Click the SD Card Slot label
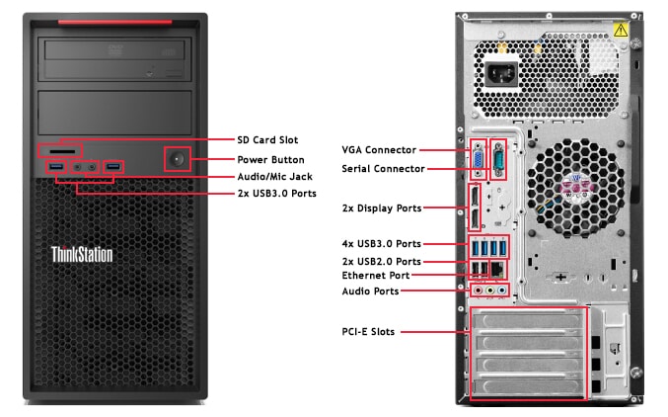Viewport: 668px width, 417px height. click(x=267, y=140)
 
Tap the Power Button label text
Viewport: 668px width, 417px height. click(x=270, y=159)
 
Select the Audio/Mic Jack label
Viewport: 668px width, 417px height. click(x=276, y=176)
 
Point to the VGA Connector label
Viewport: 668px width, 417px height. click(x=380, y=150)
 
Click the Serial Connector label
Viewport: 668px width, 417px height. click(x=383, y=169)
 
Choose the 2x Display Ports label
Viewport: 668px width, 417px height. click(x=382, y=208)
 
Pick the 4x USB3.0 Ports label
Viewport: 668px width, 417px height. click(x=382, y=243)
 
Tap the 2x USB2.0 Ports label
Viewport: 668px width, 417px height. click(x=382, y=260)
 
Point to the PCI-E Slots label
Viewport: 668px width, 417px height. click(x=368, y=332)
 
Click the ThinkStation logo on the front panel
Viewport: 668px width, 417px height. click(x=82, y=255)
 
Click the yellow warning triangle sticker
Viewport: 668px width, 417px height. click(x=621, y=32)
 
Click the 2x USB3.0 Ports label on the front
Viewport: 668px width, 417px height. click(x=276, y=193)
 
